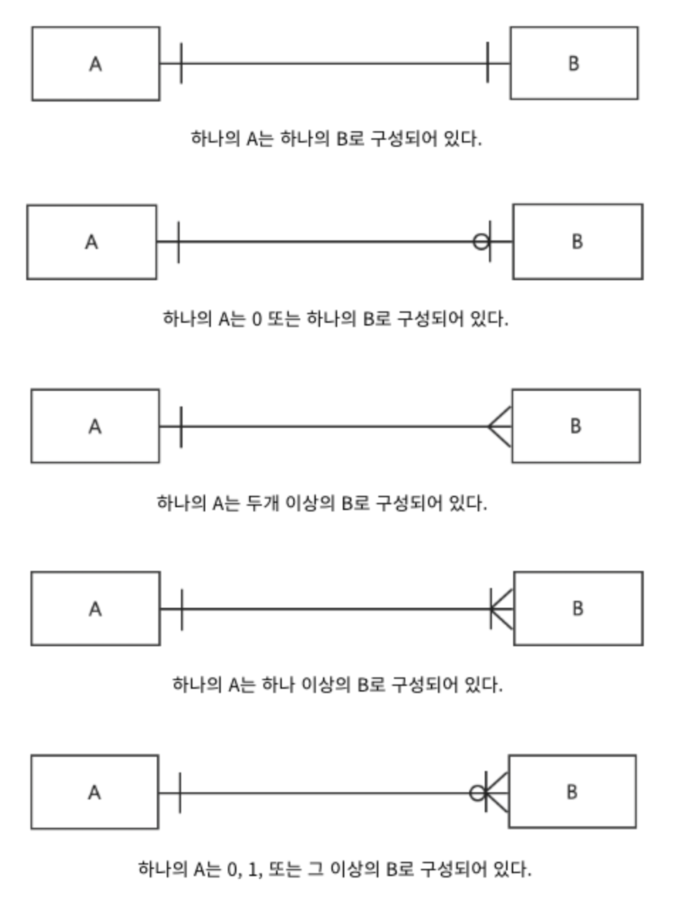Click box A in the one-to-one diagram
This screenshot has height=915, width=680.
click(x=96, y=64)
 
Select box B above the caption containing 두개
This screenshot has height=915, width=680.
click(x=576, y=426)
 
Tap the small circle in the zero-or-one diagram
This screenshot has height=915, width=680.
click(x=481, y=242)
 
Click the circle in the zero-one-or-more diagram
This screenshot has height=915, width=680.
click(x=477, y=793)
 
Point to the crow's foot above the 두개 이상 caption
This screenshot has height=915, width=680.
click(x=500, y=426)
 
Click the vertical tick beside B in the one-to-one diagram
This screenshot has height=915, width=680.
click(x=488, y=63)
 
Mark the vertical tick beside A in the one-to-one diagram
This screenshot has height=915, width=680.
click(x=181, y=63)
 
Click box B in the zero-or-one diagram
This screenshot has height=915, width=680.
click(x=577, y=242)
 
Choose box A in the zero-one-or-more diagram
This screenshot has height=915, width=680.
click(x=94, y=792)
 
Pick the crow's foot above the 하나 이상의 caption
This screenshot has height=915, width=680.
click(x=502, y=609)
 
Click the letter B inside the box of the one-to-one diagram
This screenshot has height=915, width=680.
click(x=574, y=64)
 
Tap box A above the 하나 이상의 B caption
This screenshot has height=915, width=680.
click(x=95, y=609)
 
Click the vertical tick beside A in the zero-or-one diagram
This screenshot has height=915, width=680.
click(x=178, y=242)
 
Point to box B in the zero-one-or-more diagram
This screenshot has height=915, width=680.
click(x=572, y=792)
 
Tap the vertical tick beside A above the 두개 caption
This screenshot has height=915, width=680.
click(x=181, y=426)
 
